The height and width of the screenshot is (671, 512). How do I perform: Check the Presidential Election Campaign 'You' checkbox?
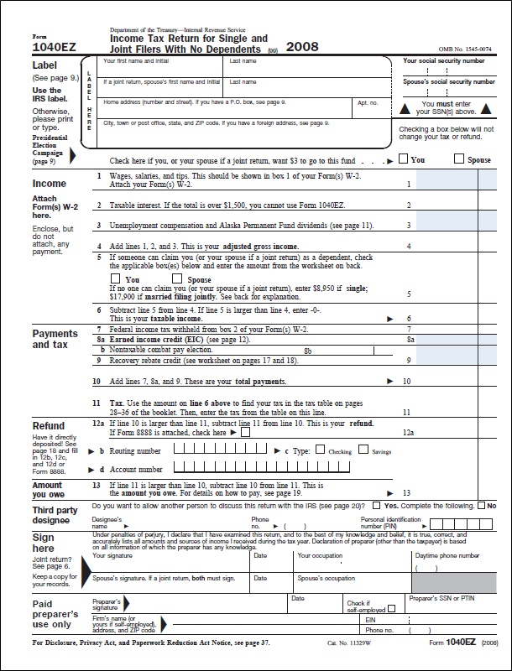(x=404, y=159)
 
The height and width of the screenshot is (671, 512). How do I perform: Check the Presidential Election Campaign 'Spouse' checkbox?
(x=459, y=159)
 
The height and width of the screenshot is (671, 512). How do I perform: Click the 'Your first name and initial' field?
(x=159, y=67)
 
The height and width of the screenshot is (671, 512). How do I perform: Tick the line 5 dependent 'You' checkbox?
(x=116, y=278)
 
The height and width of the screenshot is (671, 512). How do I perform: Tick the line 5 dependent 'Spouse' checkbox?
(x=178, y=278)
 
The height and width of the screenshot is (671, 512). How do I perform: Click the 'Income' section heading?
(x=50, y=183)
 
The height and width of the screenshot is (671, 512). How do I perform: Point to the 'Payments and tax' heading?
(x=55, y=339)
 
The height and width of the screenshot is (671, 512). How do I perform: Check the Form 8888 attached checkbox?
(x=244, y=433)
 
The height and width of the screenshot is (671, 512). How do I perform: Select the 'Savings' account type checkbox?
(x=363, y=450)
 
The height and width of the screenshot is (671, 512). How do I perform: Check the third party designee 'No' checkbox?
(x=482, y=507)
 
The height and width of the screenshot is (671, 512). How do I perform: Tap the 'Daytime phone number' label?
(x=447, y=555)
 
